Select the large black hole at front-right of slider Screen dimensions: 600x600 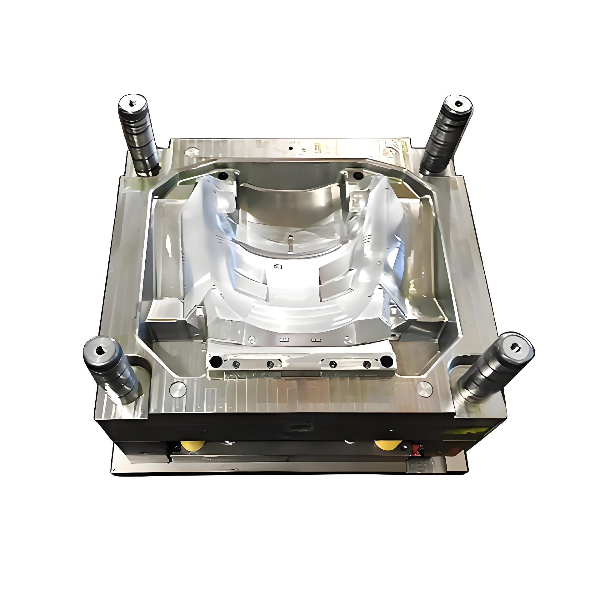pyautogui.click(x=387, y=362)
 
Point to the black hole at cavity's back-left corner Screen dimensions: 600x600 pyautogui.click(x=223, y=176)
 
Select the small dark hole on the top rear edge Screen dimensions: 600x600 pyautogui.click(x=291, y=148)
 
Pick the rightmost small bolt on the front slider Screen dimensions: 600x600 pyautogui.click(x=367, y=364)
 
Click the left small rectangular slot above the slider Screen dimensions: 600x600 pyautogui.click(x=284, y=339)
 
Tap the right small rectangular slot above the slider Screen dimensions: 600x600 pyautogui.click(x=316, y=339)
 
